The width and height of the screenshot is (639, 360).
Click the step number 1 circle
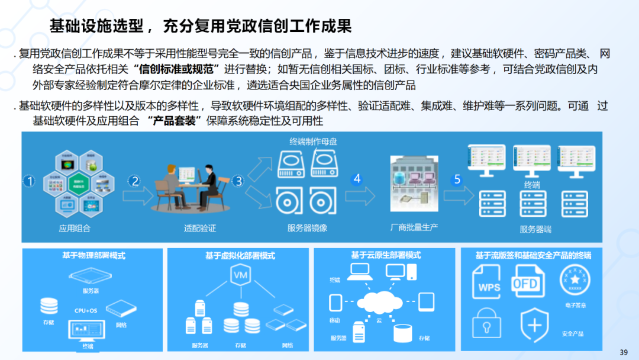[x=28, y=181]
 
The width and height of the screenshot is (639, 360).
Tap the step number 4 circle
[x=356, y=179]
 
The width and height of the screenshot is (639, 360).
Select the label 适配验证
[x=200, y=228]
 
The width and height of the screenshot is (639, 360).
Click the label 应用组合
[x=75, y=228]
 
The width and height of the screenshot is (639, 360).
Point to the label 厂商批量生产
[x=414, y=227]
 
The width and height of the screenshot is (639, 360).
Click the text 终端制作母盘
[x=314, y=142]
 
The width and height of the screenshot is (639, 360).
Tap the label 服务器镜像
[x=307, y=228]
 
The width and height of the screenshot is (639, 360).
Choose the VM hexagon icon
[x=240, y=277]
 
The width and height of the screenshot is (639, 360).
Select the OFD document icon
[x=526, y=282]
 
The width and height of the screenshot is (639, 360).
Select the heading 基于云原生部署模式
[x=386, y=255]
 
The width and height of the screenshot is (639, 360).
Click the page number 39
[x=623, y=352]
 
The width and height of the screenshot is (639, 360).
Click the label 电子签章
[x=575, y=306]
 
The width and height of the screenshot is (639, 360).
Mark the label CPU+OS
[x=86, y=310]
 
